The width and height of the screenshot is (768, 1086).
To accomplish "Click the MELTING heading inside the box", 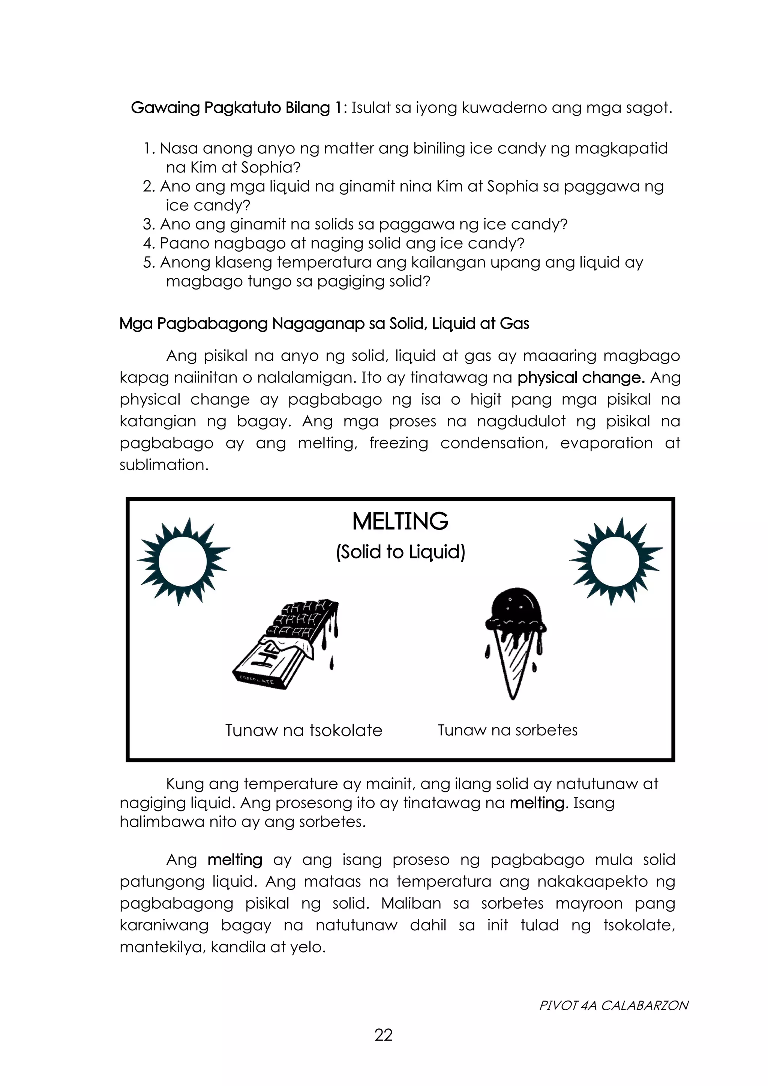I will pyautogui.click(x=400, y=522).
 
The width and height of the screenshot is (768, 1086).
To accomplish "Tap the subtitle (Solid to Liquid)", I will pyautogui.click(x=400, y=552).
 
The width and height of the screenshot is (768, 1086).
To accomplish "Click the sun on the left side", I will pyautogui.click(x=183, y=561).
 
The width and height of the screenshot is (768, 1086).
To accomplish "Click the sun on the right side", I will pyautogui.click(x=615, y=561).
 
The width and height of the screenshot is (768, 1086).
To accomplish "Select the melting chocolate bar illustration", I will pyautogui.click(x=286, y=644).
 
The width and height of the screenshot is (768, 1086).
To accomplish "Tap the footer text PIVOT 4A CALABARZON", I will pyautogui.click(x=613, y=1005).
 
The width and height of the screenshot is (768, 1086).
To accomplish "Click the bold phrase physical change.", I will pyautogui.click(x=581, y=378).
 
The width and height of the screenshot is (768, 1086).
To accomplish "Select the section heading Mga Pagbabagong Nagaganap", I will pyautogui.click(x=324, y=324).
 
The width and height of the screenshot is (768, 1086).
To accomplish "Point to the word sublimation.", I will pyautogui.click(x=163, y=465).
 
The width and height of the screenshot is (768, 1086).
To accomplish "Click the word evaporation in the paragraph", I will pyautogui.click(x=606, y=443).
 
